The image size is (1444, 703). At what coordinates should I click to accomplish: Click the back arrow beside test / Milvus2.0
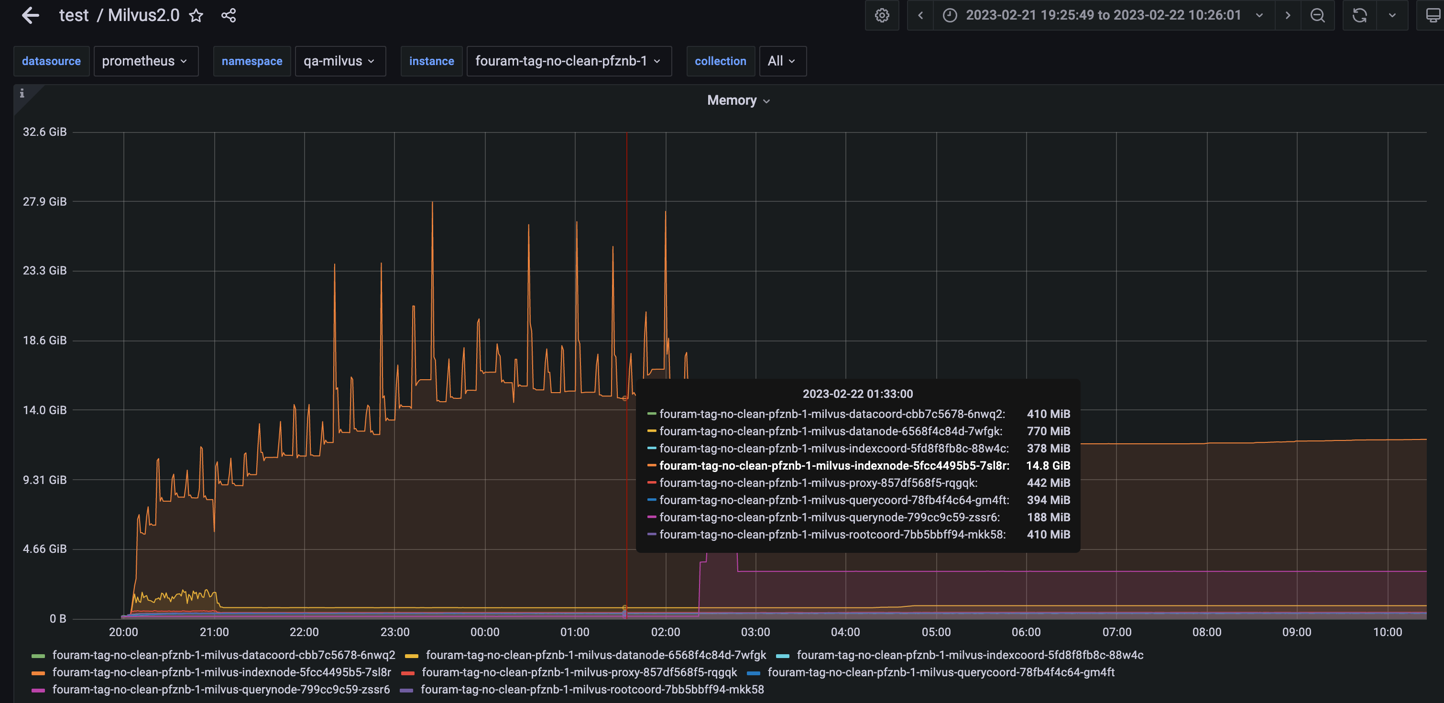30,15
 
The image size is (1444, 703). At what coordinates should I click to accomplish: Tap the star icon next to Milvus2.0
196,16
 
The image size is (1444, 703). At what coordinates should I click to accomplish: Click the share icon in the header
229,16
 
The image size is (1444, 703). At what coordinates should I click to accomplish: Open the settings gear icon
882,16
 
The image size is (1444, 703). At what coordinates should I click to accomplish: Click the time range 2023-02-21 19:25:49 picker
1103,16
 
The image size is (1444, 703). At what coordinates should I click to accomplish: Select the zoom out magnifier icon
1317,16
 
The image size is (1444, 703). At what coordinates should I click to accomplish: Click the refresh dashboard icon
1359,16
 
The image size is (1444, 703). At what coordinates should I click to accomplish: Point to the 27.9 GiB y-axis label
45,202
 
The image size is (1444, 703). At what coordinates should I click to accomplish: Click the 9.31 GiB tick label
45,480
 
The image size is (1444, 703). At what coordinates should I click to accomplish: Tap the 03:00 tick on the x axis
755,632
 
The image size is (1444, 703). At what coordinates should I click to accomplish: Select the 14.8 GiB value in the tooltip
1048,466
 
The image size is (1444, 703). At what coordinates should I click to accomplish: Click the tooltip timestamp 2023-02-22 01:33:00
857,394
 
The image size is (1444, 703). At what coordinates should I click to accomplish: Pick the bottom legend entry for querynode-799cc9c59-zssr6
221,690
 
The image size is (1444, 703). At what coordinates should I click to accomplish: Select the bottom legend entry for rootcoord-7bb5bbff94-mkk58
592,690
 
